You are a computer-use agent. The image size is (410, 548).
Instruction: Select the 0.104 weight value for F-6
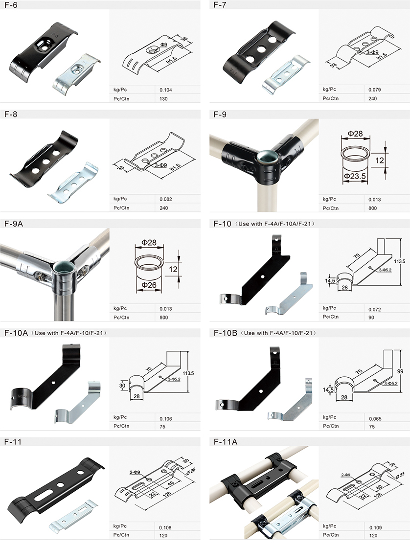pos(166,90)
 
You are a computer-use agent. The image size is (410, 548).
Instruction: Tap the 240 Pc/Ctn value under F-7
pos(373,98)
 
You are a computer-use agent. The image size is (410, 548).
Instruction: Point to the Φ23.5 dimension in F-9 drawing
pos(354,176)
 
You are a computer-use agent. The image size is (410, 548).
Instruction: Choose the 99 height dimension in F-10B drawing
pos(400,371)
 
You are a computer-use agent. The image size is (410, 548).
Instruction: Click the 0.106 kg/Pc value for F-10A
pos(166,419)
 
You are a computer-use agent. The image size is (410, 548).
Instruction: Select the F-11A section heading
pos(226,442)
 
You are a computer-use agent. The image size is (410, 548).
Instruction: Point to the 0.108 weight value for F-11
pos(165,528)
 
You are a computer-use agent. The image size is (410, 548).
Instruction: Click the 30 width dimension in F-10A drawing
pos(122,386)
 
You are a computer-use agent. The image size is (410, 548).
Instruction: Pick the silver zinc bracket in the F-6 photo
pos(76,73)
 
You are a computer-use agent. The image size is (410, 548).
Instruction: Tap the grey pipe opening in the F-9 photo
pos(264,158)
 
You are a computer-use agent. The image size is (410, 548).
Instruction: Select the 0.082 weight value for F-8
pos(166,199)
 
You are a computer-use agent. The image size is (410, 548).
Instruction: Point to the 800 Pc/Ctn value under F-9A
pos(163,318)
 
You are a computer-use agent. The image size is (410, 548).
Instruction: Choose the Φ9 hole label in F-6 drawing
pos(164,45)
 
